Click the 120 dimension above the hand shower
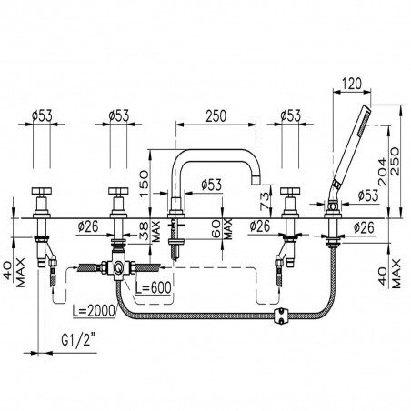(x=352, y=84)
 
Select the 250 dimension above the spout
(x=216, y=116)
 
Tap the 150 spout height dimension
(x=145, y=184)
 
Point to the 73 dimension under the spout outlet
(x=265, y=201)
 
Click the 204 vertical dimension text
(x=383, y=172)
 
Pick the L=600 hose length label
(x=154, y=288)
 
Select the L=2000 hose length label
(x=94, y=310)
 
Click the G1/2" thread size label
(x=78, y=340)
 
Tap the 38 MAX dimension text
(x=150, y=232)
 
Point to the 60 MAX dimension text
(x=223, y=229)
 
